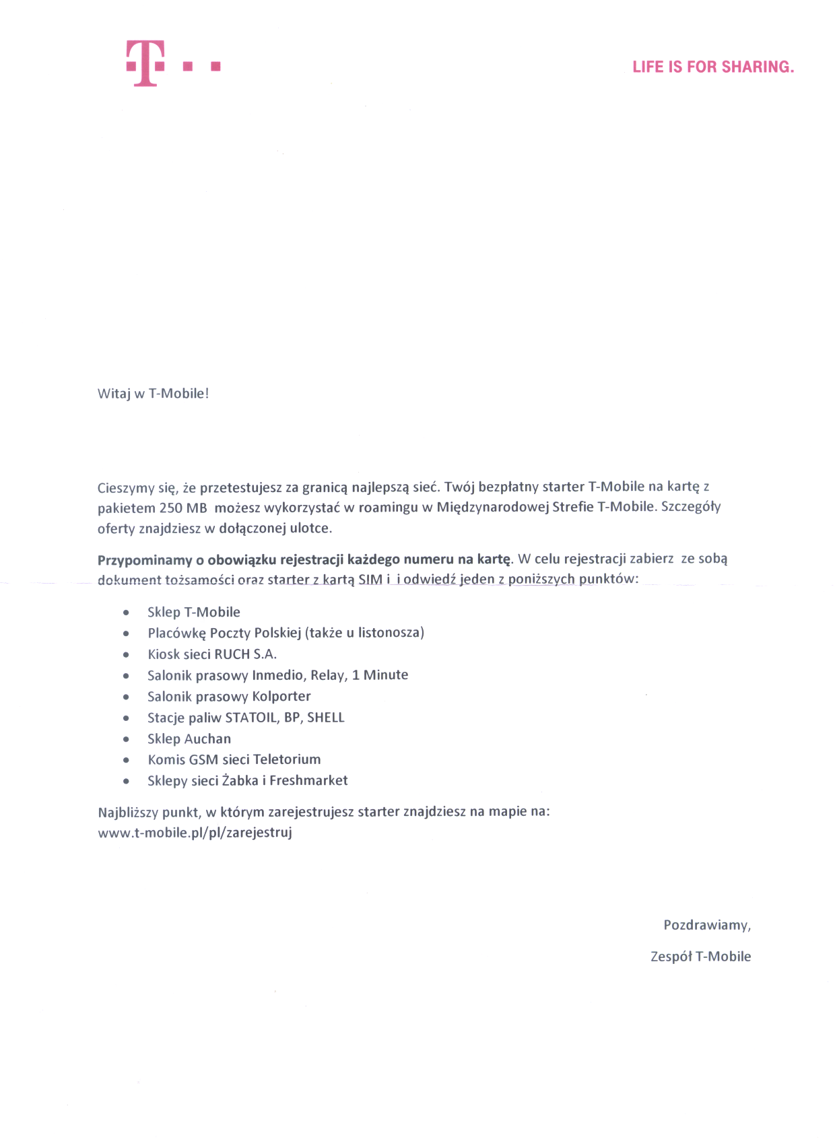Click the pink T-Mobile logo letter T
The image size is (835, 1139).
click(145, 63)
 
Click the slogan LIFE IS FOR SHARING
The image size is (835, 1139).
click(713, 67)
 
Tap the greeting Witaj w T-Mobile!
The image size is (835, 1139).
click(154, 394)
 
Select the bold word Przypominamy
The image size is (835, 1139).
click(145, 559)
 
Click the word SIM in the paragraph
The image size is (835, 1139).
click(370, 580)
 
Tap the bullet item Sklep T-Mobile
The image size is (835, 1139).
click(194, 612)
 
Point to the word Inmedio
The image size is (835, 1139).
click(277, 675)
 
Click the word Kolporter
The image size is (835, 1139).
click(281, 696)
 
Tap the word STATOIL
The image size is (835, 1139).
click(250, 718)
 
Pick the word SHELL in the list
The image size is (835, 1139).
click(326, 718)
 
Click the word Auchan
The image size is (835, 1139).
click(207, 738)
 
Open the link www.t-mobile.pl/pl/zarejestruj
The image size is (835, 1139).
click(195, 833)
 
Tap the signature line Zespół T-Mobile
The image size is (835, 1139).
click(700, 957)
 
